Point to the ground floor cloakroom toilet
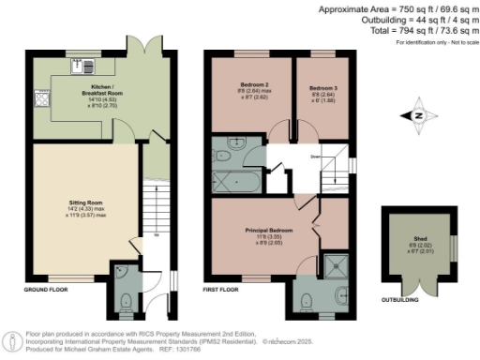pos(127,302)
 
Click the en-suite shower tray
pos(333,264)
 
